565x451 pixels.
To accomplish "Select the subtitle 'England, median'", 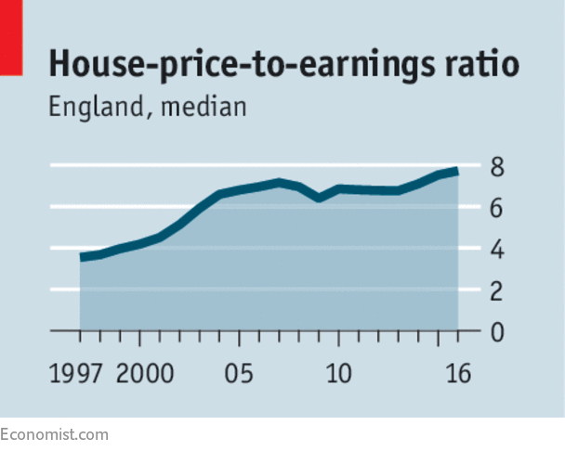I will [x=148, y=107].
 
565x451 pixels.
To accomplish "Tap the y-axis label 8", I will [x=497, y=168].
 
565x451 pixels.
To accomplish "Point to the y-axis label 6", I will [x=497, y=209].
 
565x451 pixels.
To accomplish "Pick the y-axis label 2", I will [x=497, y=291].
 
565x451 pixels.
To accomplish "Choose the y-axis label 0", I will [x=497, y=332].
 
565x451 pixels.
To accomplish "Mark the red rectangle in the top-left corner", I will [x=10, y=37].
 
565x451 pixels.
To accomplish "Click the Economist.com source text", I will [x=54, y=434].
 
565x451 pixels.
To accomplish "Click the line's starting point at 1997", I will [x=81, y=257].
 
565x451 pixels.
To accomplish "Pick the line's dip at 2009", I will [x=319, y=198].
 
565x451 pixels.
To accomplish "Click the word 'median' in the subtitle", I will [x=204, y=107].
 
